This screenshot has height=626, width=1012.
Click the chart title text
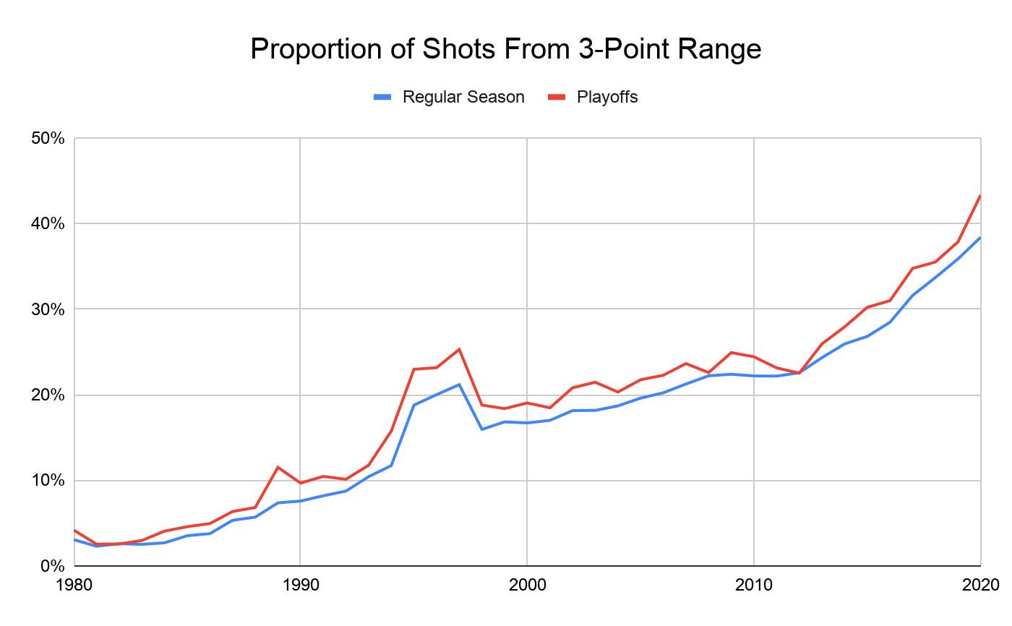(505, 49)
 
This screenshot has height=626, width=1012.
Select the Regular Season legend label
(463, 97)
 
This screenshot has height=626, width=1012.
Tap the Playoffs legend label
(606, 97)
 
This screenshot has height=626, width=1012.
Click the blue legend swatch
(382, 97)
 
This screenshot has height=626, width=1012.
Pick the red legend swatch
(556, 97)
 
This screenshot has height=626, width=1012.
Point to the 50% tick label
(48, 138)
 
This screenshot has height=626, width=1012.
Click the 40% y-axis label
(48, 224)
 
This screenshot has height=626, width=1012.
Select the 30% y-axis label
(48, 309)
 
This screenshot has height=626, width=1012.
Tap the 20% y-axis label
(48, 395)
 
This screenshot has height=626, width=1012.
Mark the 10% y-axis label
(48, 481)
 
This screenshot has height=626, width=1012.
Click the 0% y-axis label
(52, 566)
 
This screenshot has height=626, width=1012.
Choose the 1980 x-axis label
(74, 585)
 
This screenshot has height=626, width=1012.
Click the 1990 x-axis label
(300, 585)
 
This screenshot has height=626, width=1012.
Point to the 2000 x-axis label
(527, 585)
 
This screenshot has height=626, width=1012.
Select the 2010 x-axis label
(754, 585)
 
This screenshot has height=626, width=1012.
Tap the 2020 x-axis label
(979, 585)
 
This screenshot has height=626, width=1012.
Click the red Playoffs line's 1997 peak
(459, 349)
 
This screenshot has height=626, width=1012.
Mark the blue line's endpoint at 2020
(980, 237)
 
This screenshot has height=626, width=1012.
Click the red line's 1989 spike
(278, 467)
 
